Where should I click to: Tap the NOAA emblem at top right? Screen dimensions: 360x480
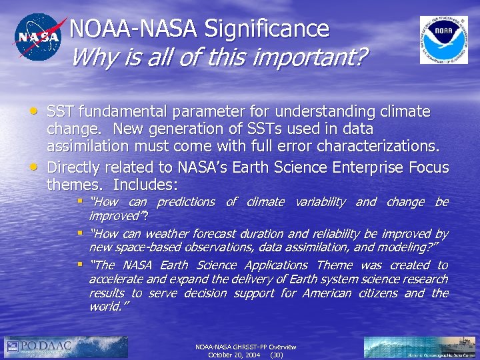click(x=443, y=40)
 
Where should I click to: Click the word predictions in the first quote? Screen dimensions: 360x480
click(x=185, y=201)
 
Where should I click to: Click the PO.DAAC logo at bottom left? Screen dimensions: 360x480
click(x=66, y=347)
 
